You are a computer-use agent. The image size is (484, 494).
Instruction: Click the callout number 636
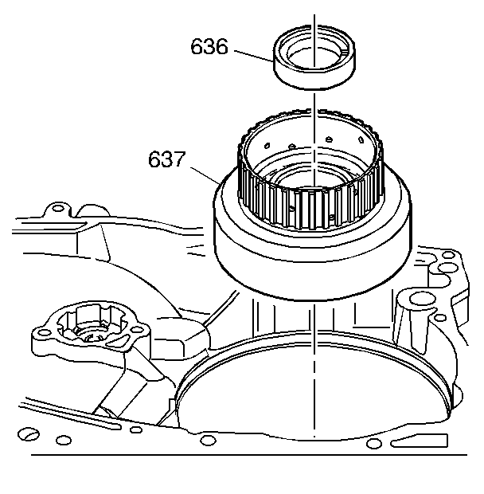(209, 48)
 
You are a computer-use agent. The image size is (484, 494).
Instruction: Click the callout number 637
(168, 159)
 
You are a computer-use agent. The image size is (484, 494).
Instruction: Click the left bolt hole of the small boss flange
(41, 330)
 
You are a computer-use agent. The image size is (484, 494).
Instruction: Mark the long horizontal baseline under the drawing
(239, 456)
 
